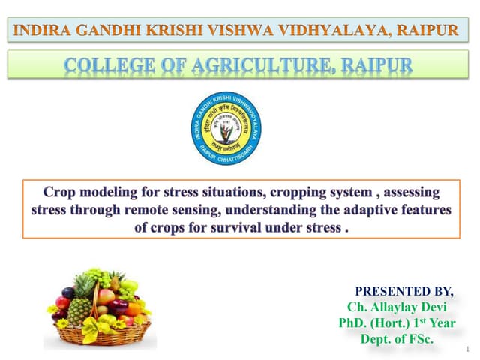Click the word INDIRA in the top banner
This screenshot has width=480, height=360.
coord(39,31)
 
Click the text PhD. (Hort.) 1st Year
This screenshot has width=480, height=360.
coord(396,323)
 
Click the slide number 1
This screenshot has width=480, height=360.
coord(466,349)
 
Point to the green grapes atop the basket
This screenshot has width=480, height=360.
coord(101,276)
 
